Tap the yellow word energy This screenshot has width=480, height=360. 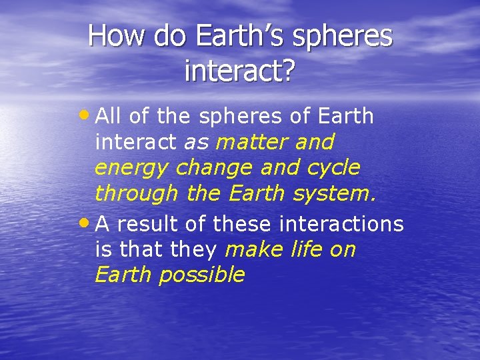(133, 169)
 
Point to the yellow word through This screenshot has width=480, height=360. (137, 194)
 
